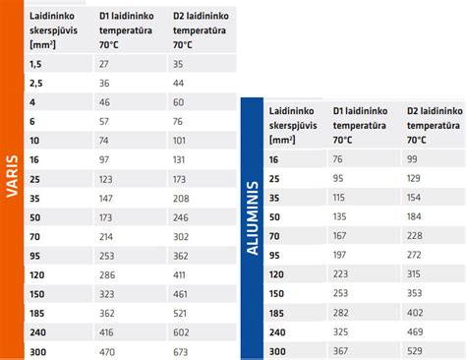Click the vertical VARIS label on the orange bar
12,180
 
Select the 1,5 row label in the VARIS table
35,63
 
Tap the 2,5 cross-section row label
35,85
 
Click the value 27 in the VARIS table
104,63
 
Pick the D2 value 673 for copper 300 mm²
180,352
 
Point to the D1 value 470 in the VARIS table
107,352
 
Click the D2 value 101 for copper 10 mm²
180,141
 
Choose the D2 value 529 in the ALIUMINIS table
415,352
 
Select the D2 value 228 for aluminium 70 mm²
415,235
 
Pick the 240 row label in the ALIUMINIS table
278,331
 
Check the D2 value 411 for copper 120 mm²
180,275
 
